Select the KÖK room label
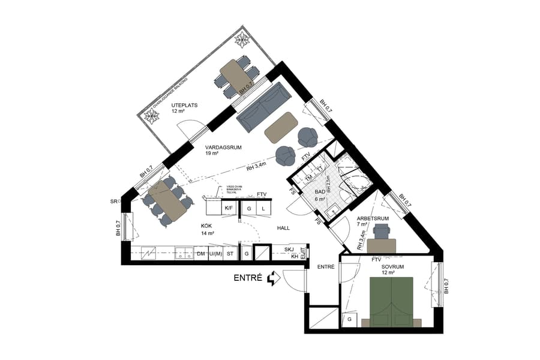pyautogui.click(x=207, y=226)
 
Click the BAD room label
pyautogui.click(x=321, y=191)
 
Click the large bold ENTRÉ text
pyautogui.click(x=248, y=278)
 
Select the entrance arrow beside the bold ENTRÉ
pyautogui.click(x=273, y=278)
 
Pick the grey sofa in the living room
pyautogui.click(x=262, y=107)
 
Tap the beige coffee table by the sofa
pyautogui.click(x=280, y=127)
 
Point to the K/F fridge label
pyautogui.click(x=229, y=208)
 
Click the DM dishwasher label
pyautogui.click(x=201, y=254)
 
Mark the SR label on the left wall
pyautogui.click(x=114, y=201)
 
